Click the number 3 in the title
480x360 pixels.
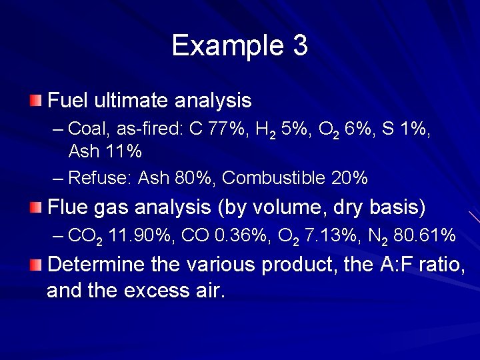coord(299,45)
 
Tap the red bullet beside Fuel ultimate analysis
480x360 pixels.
coord(35,101)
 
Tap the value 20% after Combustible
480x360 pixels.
coord(349,178)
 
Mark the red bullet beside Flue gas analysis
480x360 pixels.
coord(35,207)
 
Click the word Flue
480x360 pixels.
coord(67,207)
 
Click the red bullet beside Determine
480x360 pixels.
coord(35,265)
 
